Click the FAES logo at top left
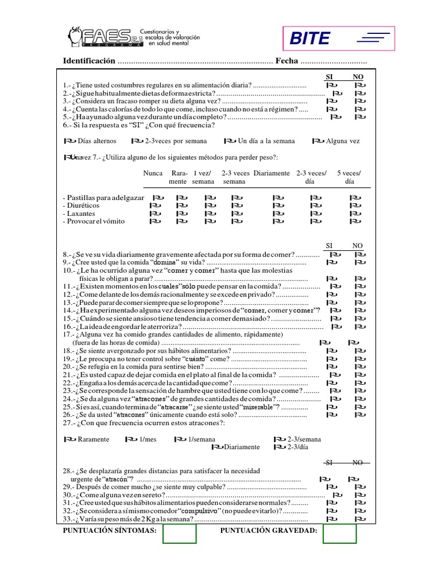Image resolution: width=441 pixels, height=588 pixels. [106, 38]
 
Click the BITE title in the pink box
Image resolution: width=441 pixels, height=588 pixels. [310, 38]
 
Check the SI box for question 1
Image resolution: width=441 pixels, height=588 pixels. [331, 85]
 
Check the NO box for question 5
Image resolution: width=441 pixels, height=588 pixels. [360, 117]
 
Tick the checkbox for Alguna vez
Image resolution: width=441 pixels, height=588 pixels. [318, 141]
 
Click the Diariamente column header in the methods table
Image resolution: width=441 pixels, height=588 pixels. [271, 173]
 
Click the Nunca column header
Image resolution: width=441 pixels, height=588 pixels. [153, 173]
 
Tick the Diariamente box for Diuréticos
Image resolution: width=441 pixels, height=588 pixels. [278, 205]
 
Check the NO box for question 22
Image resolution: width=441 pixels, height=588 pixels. [360, 382]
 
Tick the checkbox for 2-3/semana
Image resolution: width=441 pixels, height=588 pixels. [280, 439]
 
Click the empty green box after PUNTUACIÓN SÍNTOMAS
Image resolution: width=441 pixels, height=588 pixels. [180, 533]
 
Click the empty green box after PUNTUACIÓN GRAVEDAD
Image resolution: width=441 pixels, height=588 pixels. [339, 533]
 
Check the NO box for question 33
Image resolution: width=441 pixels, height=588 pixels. [360, 519]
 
